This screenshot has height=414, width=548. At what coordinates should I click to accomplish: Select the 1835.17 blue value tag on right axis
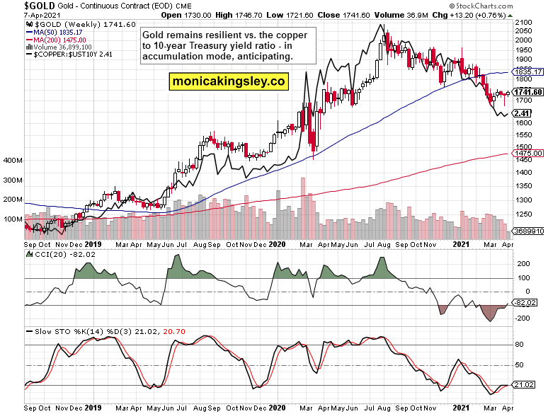coord(529,72)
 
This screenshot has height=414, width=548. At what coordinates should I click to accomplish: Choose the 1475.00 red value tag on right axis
coord(529,154)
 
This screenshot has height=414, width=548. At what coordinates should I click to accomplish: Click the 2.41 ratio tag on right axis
coord(523,113)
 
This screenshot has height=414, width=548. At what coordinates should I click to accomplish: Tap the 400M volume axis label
coord(12,161)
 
